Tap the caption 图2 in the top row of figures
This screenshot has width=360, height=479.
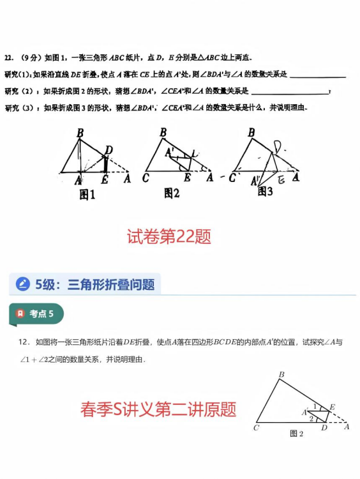click(172, 193)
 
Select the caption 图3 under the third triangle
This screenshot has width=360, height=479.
click(265, 191)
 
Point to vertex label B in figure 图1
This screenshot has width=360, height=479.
click(80, 133)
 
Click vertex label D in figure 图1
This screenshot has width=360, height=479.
click(109, 150)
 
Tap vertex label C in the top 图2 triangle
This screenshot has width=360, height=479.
click(146, 178)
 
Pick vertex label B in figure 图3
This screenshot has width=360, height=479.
click(251, 133)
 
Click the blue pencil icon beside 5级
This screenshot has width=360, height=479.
click(23, 284)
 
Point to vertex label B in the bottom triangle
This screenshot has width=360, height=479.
click(281, 374)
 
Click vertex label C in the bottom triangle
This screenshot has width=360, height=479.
click(256, 428)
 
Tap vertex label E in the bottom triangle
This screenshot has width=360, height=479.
click(332, 407)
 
